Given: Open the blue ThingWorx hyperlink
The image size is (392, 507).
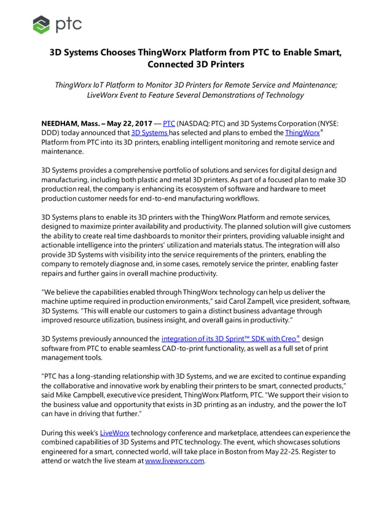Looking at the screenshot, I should coord(301,133).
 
